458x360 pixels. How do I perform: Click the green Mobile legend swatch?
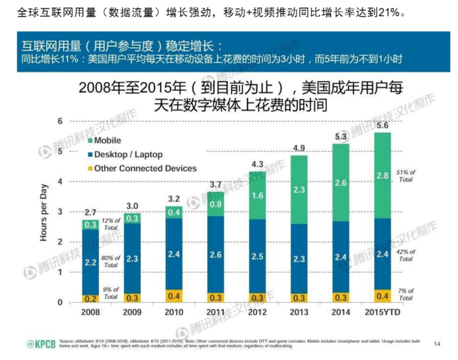coord(89,140)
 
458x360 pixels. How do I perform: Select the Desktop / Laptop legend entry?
coord(128,154)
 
